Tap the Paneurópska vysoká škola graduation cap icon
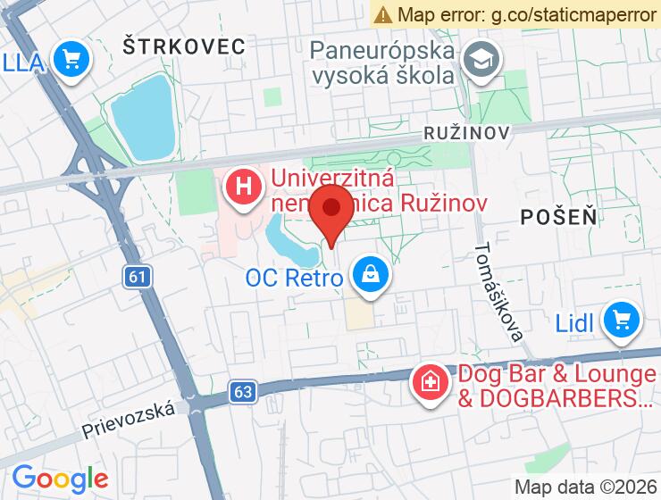(483, 62)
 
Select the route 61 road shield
(136, 277)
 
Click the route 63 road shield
(242, 391)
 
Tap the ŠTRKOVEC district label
(184, 46)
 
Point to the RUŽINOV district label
(467, 133)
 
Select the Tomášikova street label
(498, 292)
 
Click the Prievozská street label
(129, 418)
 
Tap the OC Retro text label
(294, 278)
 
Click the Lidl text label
(574, 322)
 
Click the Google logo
(60, 479)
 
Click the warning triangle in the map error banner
(384, 14)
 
